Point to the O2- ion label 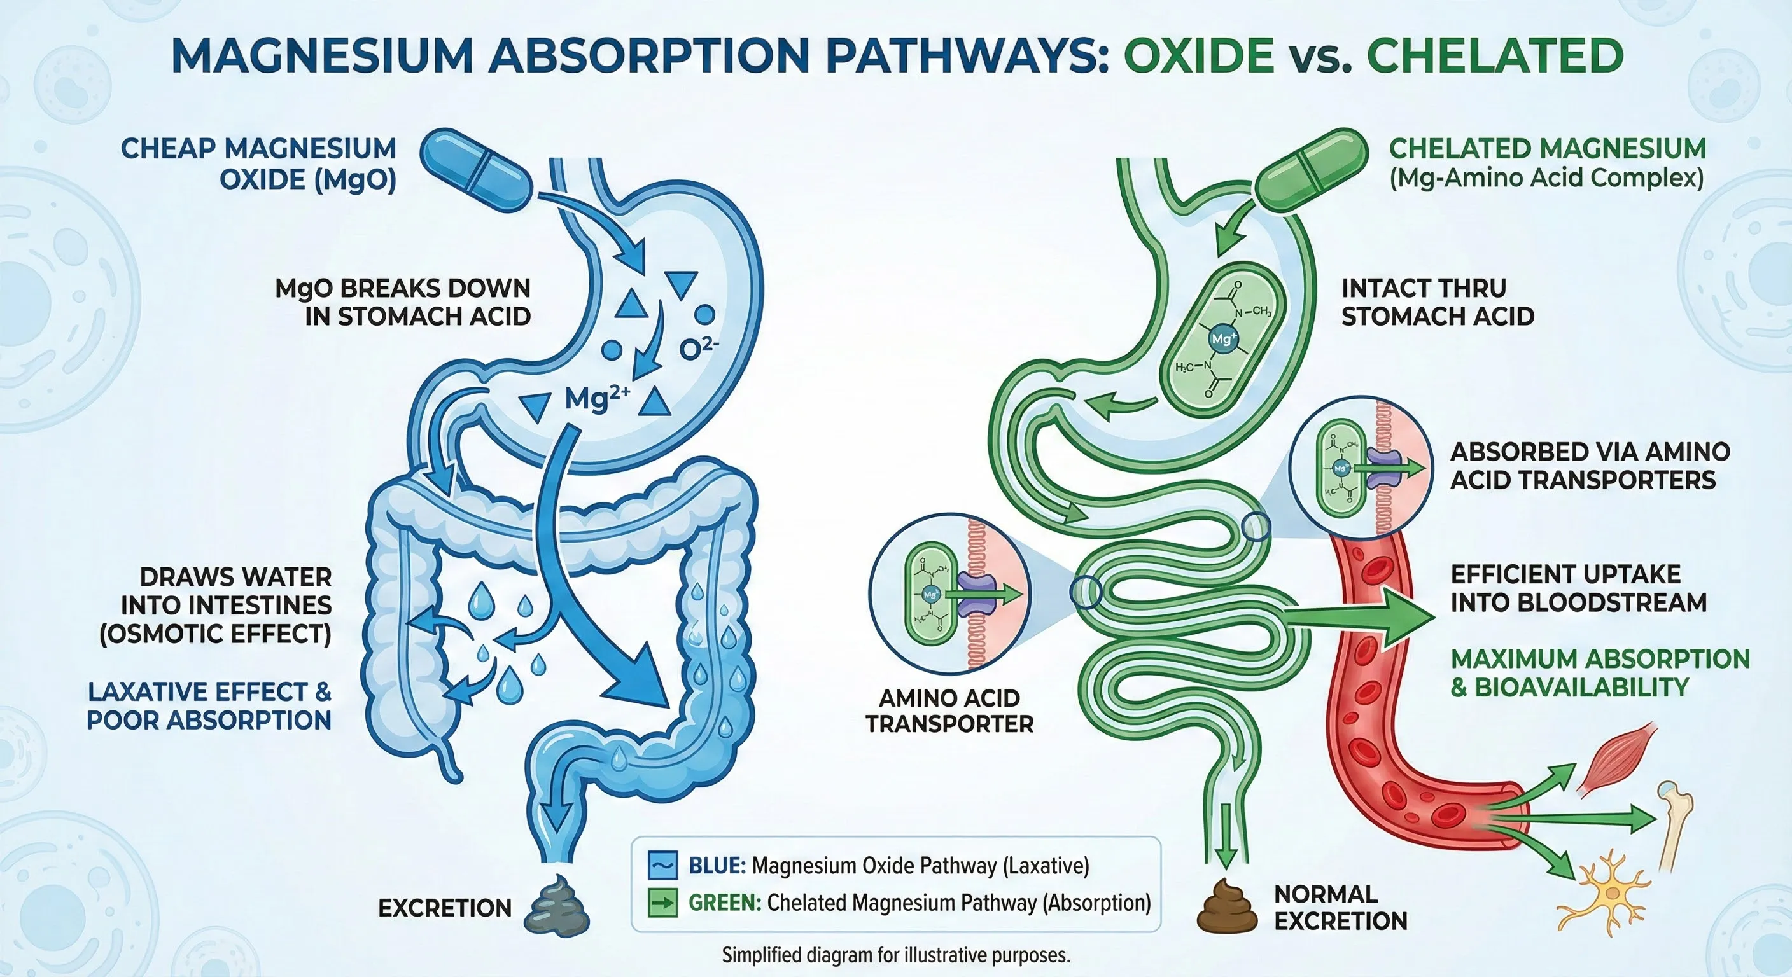coord(699,349)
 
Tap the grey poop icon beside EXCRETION coord(560,904)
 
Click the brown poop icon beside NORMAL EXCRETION coord(1226,906)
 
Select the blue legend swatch coord(662,865)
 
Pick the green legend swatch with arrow coord(662,903)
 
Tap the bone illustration coord(1677,828)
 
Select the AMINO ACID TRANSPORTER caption coord(949,710)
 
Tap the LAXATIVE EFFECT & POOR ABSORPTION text coord(209,706)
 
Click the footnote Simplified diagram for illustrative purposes coord(895,955)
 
